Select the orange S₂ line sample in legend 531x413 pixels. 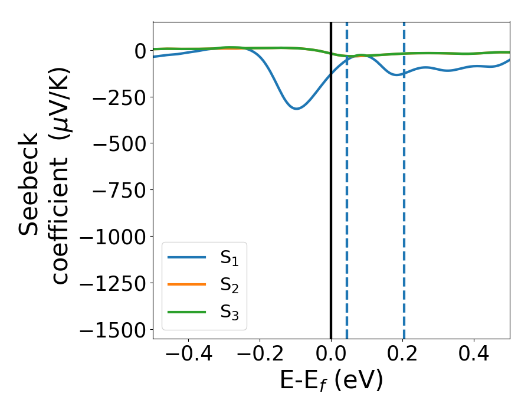click(x=187, y=285)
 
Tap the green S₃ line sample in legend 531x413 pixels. click(x=187, y=312)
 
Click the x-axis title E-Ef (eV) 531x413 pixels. click(x=331, y=381)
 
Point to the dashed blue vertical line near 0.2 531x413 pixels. click(x=404, y=206)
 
